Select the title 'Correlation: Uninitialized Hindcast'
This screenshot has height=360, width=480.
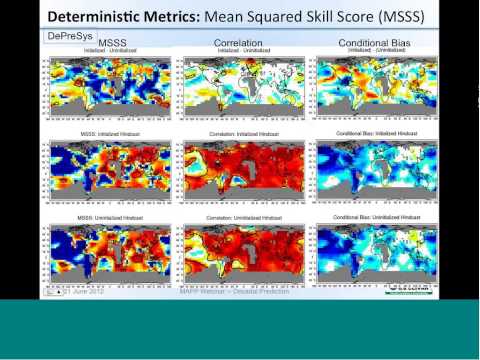click(239, 217)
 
